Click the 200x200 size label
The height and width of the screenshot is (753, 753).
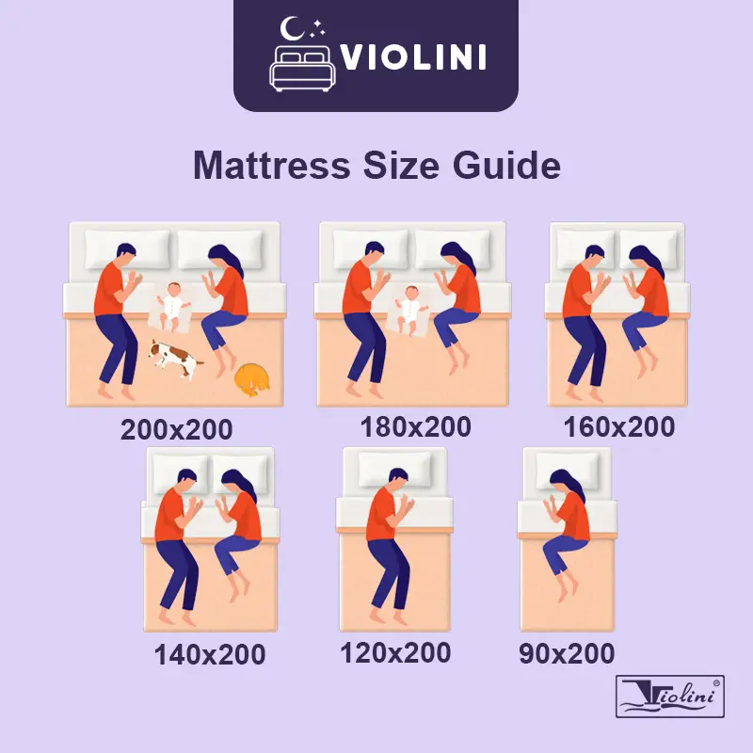(176, 429)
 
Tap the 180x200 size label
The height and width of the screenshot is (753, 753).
(415, 427)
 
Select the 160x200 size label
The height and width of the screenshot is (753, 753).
(619, 427)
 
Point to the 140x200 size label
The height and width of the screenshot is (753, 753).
(210, 654)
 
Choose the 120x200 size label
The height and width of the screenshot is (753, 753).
(395, 652)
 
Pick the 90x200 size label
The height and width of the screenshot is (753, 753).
(567, 653)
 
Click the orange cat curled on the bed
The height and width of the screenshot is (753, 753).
(251, 380)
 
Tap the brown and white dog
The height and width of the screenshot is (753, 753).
(175, 359)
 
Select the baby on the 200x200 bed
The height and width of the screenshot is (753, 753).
(173, 307)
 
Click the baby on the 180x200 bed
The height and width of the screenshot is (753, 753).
(410, 310)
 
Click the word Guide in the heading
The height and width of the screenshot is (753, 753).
(506, 166)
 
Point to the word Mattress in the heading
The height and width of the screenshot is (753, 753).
(272, 166)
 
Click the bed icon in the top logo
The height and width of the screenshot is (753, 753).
(302, 69)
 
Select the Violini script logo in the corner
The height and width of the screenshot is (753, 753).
(670, 697)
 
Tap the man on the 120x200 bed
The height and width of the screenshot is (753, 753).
(388, 545)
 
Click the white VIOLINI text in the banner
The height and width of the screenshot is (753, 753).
(413, 57)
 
